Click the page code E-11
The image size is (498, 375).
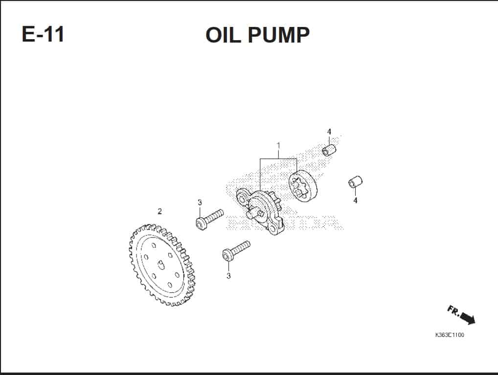(x=43, y=34)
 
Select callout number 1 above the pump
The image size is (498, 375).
(x=278, y=146)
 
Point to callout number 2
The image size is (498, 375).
(x=159, y=211)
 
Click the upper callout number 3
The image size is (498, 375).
(x=200, y=203)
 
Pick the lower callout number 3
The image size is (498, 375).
(x=228, y=276)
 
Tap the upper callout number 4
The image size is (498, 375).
(x=329, y=132)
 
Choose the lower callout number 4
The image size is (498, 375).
(x=355, y=200)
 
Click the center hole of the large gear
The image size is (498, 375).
(x=161, y=264)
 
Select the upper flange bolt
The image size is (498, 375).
(x=209, y=219)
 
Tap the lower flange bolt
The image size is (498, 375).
(x=236, y=251)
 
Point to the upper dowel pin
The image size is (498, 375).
(x=329, y=150)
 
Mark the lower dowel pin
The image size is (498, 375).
(x=355, y=182)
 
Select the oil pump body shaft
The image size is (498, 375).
(x=254, y=214)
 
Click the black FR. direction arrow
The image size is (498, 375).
(x=468, y=318)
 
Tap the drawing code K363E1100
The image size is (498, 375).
(x=450, y=335)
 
